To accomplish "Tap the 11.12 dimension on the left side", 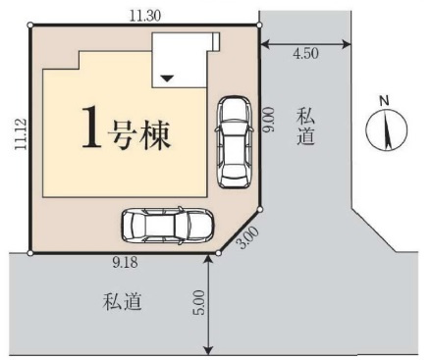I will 18,136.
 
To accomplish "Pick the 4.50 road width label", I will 305,54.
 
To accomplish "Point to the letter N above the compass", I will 385,101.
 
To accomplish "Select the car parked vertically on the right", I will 236,140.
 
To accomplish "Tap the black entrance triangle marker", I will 168,77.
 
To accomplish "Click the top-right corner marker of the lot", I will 259,26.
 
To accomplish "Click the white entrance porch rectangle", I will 179,62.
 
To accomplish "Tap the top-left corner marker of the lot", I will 31,26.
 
